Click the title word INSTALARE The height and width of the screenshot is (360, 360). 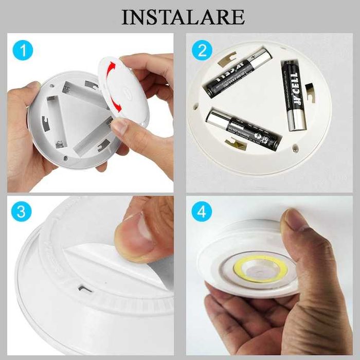(183, 16)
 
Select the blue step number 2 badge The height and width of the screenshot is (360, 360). (202, 50)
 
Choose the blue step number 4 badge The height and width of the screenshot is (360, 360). (202, 211)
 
